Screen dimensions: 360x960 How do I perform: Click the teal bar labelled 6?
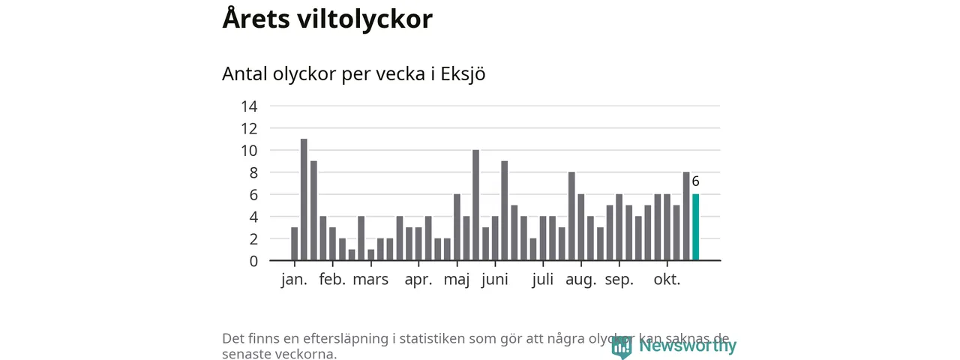click(695, 227)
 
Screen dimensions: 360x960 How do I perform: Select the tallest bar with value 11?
click(304, 199)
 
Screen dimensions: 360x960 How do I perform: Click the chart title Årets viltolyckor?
click(327, 19)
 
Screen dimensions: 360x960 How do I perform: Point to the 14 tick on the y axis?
click(249, 106)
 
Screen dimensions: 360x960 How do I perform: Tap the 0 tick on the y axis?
click(253, 261)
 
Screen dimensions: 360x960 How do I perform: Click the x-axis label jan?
click(294, 280)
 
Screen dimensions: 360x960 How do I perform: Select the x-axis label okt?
click(667, 280)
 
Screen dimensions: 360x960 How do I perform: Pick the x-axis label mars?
click(370, 280)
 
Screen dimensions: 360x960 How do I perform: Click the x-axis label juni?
click(495, 280)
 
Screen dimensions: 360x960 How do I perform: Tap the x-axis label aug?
click(580, 280)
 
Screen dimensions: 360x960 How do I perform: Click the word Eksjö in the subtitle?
click(463, 75)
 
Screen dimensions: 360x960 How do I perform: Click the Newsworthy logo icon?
click(621, 346)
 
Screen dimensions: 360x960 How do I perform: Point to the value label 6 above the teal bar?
click(695, 181)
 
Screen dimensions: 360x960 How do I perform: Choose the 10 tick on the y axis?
click(249, 151)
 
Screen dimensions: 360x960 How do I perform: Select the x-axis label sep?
click(619, 280)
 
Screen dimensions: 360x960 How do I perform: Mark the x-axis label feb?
click(332, 280)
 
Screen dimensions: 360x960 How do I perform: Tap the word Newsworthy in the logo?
click(687, 346)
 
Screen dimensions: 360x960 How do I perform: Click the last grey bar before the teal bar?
click(685, 216)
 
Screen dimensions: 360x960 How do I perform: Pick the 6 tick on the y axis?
click(253, 195)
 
